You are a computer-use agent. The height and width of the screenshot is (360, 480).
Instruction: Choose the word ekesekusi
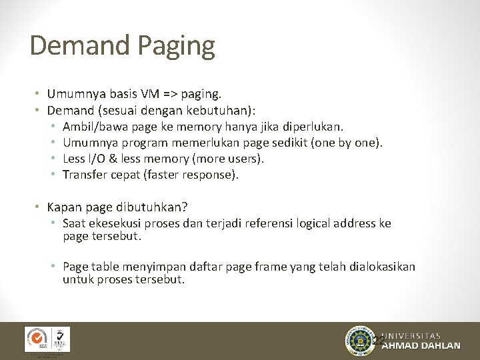click(118, 223)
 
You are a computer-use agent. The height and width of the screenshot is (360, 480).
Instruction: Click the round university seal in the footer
click(361, 341)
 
